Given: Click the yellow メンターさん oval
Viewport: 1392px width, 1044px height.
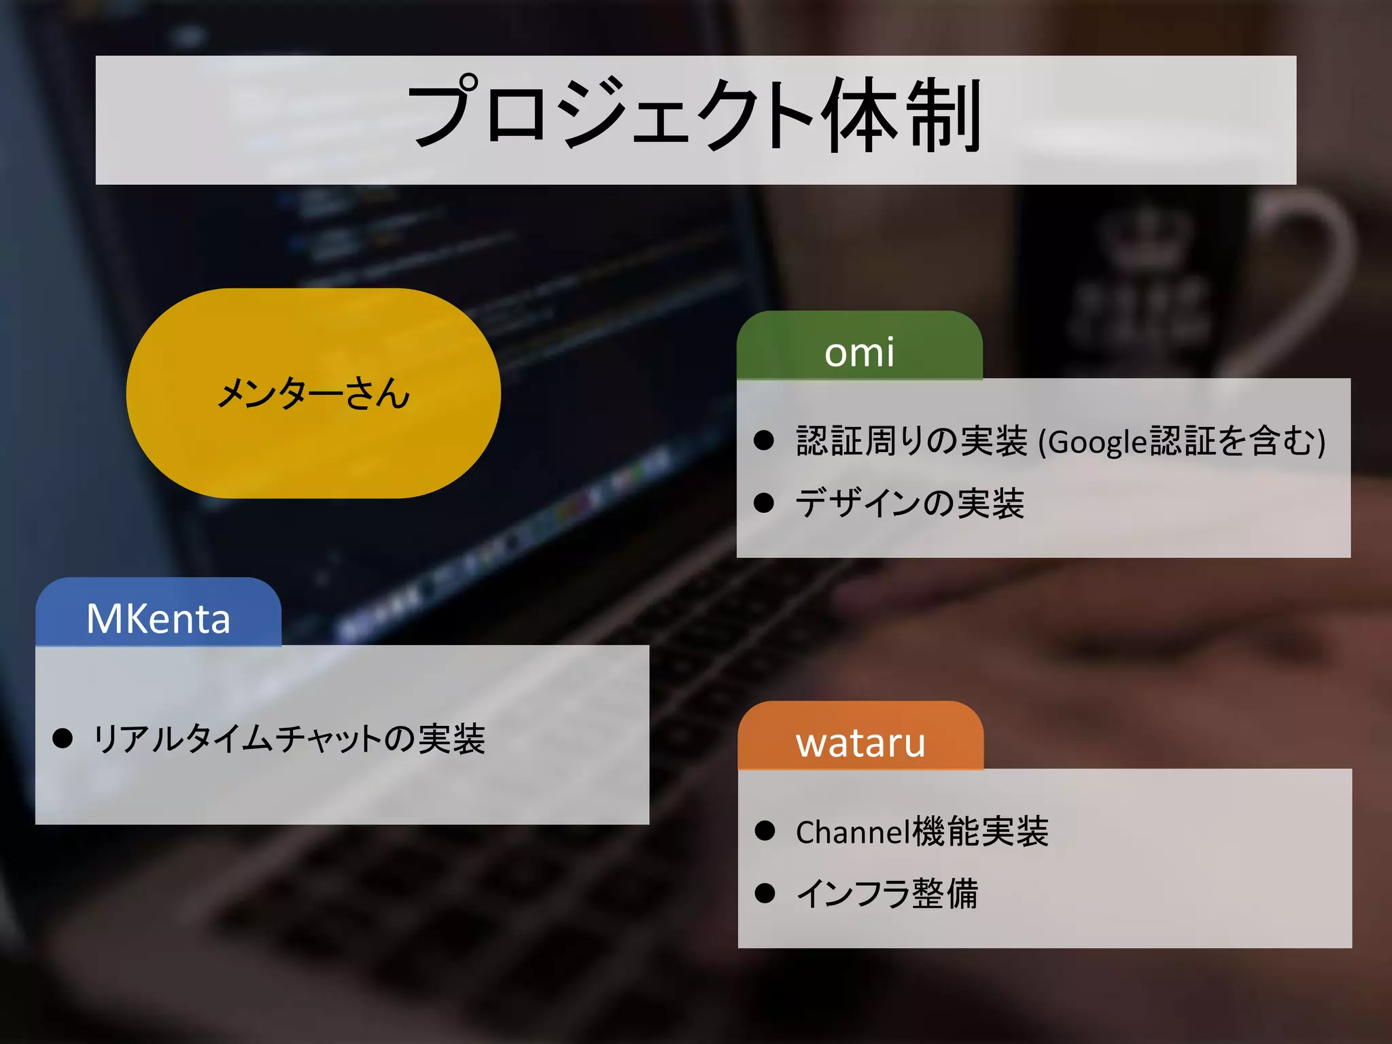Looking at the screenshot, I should [x=313, y=393].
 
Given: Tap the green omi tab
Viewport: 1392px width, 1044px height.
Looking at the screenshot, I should [x=859, y=351].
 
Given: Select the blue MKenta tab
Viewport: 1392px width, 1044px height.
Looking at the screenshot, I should [x=158, y=618].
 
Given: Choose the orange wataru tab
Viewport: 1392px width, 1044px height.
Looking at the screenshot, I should [x=860, y=742].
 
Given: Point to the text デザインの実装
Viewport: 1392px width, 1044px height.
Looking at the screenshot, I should [x=909, y=504].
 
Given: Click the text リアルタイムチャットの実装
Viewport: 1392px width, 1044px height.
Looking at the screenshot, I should [x=289, y=739].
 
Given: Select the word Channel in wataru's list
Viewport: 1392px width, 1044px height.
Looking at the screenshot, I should [x=852, y=832].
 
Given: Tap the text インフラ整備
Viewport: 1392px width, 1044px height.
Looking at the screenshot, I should [x=887, y=893].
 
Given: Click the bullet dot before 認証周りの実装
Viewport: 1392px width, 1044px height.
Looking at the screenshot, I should [x=764, y=440].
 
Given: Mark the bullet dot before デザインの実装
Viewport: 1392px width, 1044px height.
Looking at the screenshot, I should [x=764, y=503].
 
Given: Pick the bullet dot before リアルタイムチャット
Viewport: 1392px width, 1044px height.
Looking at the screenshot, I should [x=63, y=738].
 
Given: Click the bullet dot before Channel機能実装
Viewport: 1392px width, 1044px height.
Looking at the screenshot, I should [x=765, y=831].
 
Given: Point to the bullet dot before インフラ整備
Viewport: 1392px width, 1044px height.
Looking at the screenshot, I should [x=765, y=893].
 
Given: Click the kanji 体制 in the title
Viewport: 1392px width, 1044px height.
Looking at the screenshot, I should [x=902, y=116].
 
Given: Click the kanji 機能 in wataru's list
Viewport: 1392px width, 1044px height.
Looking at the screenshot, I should [x=946, y=832].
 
